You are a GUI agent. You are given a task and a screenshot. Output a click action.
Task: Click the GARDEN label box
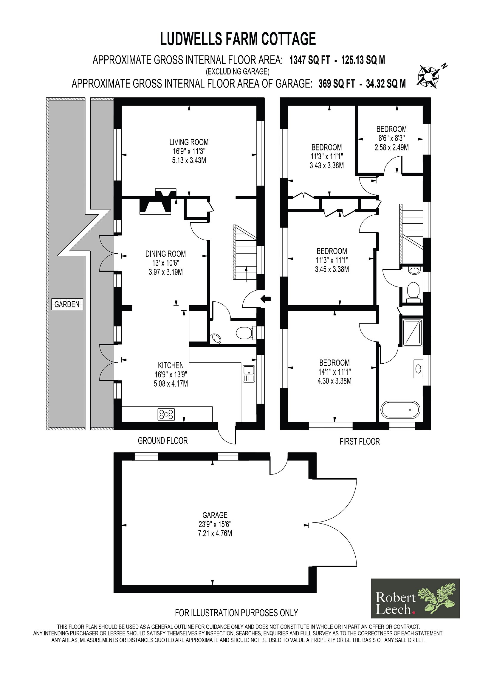click(67, 304)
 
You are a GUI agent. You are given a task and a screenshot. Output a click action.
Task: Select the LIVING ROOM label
click(189, 142)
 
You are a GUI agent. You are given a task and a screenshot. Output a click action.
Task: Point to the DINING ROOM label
click(165, 254)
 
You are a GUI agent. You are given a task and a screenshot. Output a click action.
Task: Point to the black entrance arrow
click(266, 298)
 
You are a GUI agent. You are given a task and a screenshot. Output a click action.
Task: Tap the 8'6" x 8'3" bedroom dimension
click(391, 138)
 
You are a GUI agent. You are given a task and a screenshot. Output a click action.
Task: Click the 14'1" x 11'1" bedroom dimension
click(334, 372)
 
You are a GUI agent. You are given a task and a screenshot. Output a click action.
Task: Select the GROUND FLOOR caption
click(163, 440)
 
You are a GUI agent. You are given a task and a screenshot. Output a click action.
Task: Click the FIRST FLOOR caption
click(360, 441)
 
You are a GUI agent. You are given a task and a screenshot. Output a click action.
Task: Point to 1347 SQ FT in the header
click(310, 60)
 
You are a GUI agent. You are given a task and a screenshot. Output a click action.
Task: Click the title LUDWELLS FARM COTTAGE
click(238, 39)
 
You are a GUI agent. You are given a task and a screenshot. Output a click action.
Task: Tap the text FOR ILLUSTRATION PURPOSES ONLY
click(236, 613)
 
